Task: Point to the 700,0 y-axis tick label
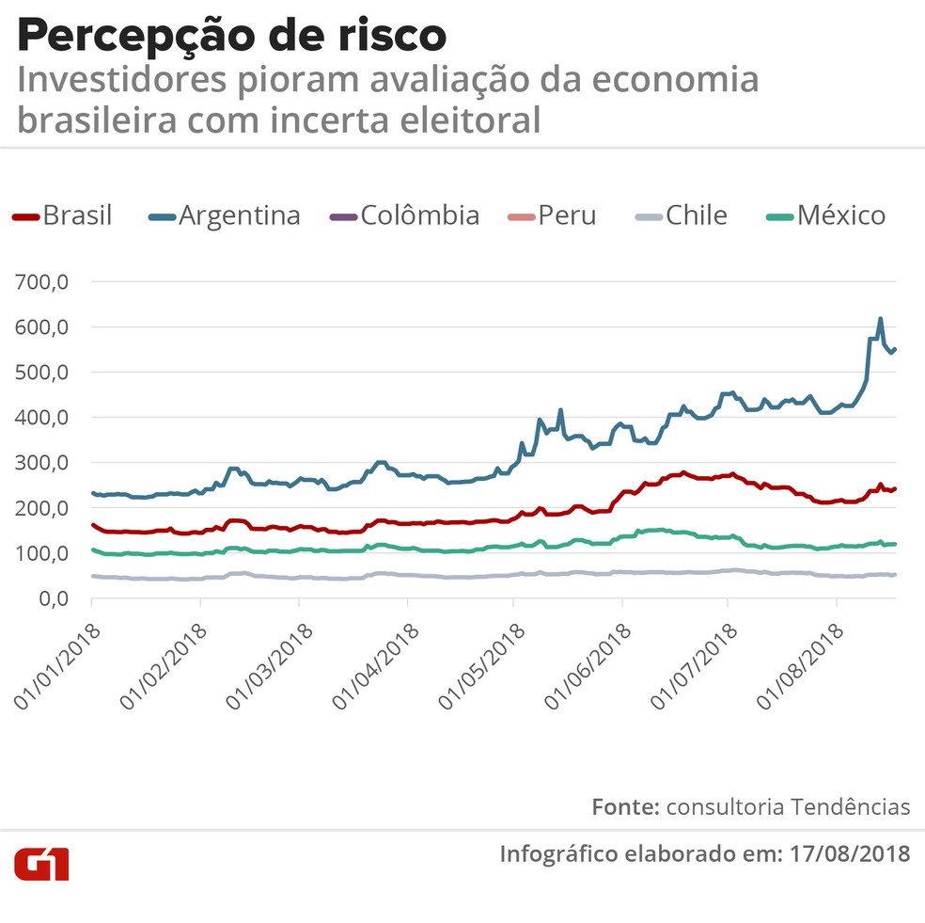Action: click(42, 282)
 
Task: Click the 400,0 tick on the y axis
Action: click(42, 417)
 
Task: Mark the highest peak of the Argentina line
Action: click(881, 319)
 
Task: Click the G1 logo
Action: click(41, 863)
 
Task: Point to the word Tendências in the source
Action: click(851, 806)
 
